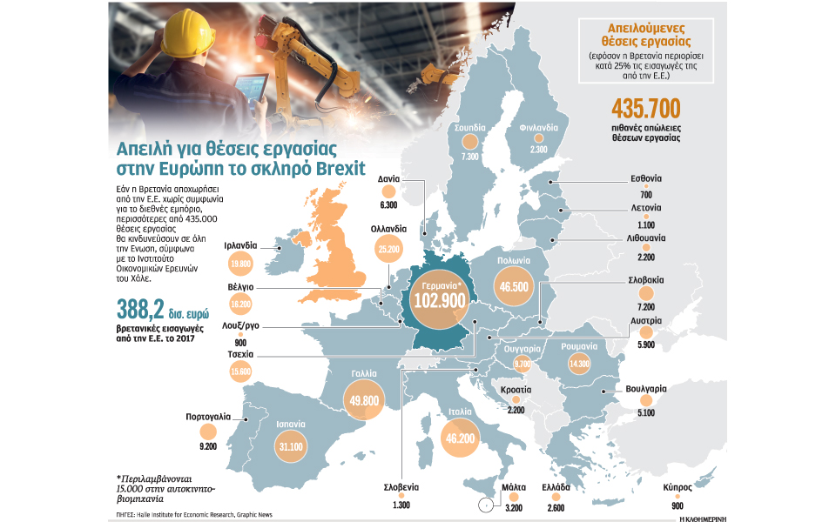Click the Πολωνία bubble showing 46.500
coord(505,284)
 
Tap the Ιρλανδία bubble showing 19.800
coord(241,263)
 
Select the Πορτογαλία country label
coord(207,417)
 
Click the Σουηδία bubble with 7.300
coord(471,143)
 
